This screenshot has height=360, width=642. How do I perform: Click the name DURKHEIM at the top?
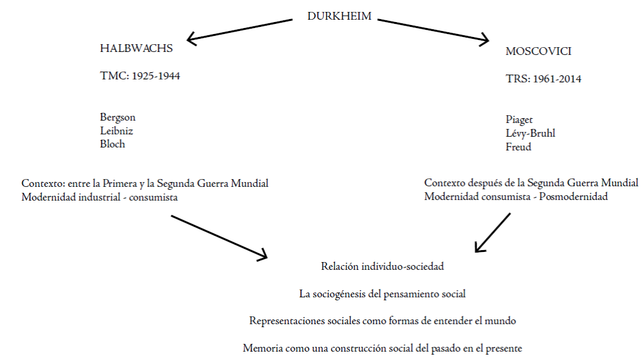click(339, 17)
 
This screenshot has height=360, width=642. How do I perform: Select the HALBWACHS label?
click(136, 49)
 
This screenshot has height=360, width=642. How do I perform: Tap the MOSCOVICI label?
click(538, 51)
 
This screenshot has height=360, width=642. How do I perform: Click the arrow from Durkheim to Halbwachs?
click(239, 30)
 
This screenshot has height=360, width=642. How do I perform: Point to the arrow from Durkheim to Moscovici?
click(434, 30)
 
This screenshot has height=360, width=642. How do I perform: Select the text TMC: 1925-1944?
click(140, 76)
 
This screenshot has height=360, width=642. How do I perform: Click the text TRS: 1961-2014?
click(543, 79)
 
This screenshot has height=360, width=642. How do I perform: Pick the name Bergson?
click(118, 117)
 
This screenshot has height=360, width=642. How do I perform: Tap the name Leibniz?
click(116, 130)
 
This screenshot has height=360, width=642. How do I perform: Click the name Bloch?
click(112, 144)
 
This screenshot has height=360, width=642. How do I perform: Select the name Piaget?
click(519, 119)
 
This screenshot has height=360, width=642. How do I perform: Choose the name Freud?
click(518, 146)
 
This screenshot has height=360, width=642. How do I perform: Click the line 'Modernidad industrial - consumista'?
click(99, 197)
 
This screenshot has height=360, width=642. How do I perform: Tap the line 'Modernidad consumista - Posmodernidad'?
click(516, 196)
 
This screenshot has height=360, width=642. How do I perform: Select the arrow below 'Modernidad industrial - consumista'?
click(219, 237)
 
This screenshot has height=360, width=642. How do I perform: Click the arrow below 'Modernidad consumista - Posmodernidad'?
click(493, 233)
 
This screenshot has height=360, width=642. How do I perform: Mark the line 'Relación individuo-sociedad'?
click(382, 266)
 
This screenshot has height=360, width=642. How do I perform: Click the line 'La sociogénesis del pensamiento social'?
click(382, 294)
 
